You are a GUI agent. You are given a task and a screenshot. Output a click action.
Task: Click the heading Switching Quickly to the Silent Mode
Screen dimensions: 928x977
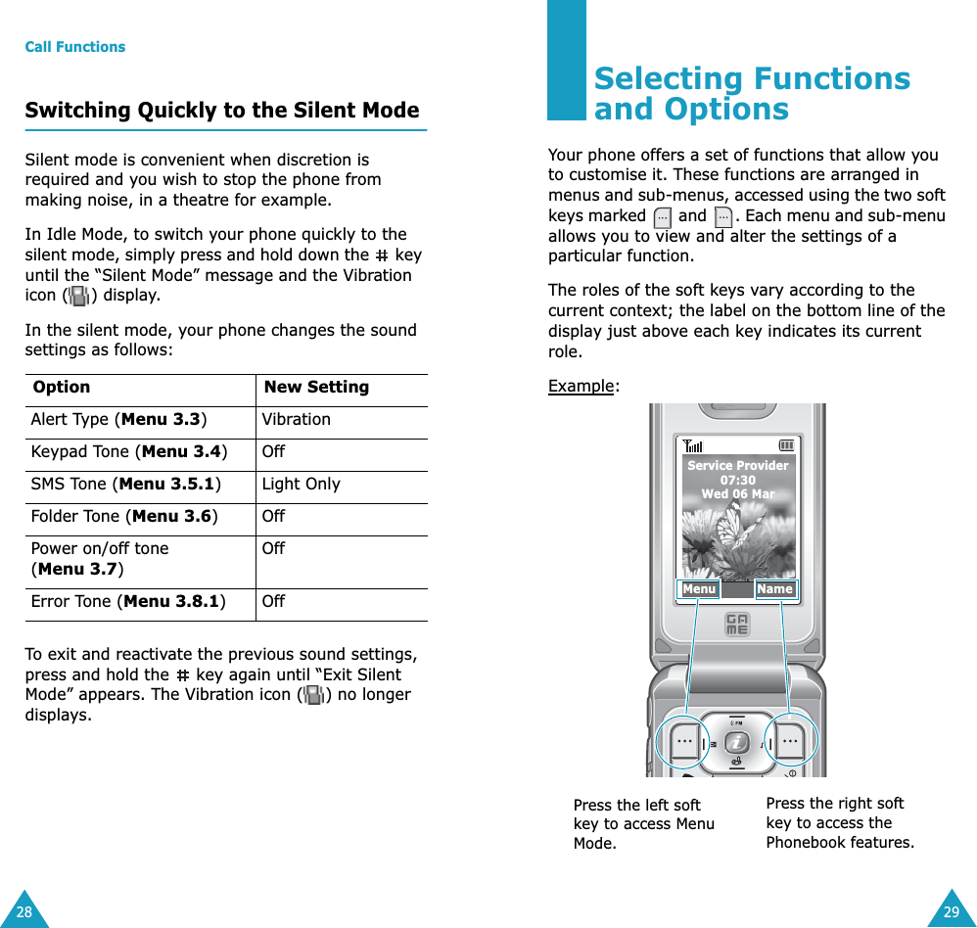[x=222, y=111]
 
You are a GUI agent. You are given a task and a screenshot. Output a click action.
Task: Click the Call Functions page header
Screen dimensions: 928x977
[x=75, y=47]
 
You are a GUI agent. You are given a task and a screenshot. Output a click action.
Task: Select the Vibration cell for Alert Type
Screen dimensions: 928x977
[x=296, y=419]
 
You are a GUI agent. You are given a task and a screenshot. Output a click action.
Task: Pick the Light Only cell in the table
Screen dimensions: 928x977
[x=301, y=484]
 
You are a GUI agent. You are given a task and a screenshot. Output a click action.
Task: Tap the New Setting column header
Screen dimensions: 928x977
[x=316, y=387]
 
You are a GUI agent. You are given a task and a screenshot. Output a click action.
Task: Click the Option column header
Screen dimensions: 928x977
[x=61, y=387]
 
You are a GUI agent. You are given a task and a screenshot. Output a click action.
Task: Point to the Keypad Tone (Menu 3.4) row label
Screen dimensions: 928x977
[x=128, y=451]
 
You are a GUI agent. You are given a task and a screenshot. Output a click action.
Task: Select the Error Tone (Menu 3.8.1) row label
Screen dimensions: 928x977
[x=128, y=601]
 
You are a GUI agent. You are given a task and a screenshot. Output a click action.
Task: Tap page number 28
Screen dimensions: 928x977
[x=23, y=912]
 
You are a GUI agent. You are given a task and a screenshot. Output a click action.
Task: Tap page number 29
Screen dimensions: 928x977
[x=951, y=912]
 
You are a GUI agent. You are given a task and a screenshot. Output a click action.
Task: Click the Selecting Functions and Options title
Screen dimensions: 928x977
[x=751, y=94]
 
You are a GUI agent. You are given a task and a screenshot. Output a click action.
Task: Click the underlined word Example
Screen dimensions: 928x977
[x=582, y=386]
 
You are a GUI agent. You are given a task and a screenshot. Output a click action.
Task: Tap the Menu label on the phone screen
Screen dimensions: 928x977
[x=699, y=589]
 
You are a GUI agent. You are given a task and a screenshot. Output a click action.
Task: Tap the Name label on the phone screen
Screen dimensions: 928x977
[x=774, y=589]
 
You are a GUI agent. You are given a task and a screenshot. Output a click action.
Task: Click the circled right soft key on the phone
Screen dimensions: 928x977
[x=790, y=741]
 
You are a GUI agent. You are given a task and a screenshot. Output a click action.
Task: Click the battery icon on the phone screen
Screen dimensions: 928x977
[x=786, y=447]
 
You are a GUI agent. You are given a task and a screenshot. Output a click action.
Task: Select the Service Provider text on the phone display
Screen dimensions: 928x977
[x=737, y=466]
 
